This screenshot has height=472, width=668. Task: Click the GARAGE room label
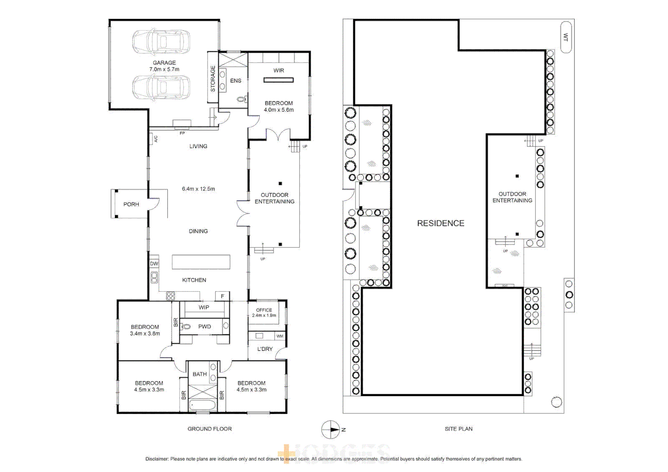click(x=164, y=63)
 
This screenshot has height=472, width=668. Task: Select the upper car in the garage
click(x=161, y=42)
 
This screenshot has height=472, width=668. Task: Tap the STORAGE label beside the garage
click(x=213, y=78)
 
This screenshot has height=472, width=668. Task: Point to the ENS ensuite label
click(x=236, y=81)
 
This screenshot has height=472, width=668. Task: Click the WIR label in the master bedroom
click(x=278, y=70)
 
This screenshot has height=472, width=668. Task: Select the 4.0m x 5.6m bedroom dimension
click(x=278, y=110)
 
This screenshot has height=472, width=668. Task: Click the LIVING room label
click(x=198, y=146)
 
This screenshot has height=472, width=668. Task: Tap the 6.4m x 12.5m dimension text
click(x=198, y=189)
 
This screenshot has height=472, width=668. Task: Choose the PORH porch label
click(x=131, y=205)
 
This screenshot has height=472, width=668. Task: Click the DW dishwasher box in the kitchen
click(x=154, y=264)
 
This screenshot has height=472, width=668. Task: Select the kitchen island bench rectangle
click(x=201, y=262)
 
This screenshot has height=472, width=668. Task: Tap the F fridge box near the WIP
click(x=223, y=296)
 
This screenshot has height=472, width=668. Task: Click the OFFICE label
click(x=264, y=310)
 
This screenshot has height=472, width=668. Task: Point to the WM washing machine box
click(x=280, y=336)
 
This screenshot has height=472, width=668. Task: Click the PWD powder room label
click(x=205, y=326)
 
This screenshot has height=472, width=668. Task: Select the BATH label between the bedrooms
click(x=200, y=375)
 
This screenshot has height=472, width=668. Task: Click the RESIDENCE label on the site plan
click(x=441, y=223)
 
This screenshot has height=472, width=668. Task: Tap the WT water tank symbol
click(x=566, y=38)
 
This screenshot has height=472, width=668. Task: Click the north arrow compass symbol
click(x=331, y=430)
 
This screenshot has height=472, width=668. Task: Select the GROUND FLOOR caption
click(x=210, y=429)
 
